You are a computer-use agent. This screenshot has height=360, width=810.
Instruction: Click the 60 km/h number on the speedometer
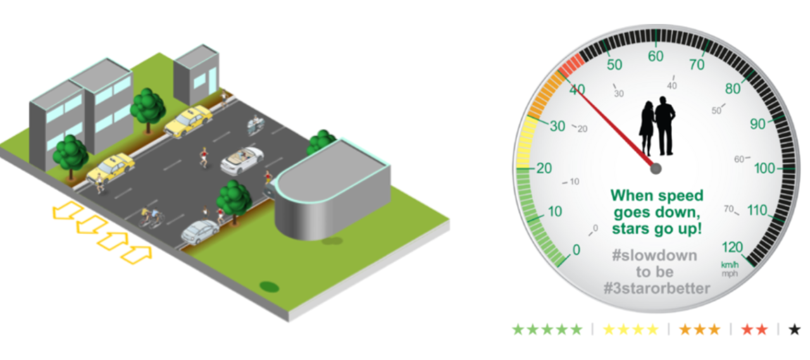[x=656, y=56]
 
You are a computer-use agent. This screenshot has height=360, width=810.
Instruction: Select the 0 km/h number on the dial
[x=576, y=251]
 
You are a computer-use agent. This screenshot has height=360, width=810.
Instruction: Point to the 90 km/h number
[x=757, y=124]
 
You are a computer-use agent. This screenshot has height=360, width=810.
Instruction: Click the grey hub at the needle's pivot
[x=656, y=168]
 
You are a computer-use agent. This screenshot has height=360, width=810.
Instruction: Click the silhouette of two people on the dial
[x=657, y=126]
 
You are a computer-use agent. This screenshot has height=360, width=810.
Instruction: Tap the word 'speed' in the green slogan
[x=682, y=196]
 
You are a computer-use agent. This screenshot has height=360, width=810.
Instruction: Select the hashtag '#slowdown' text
[x=654, y=256]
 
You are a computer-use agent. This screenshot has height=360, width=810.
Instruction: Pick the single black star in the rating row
[x=795, y=330]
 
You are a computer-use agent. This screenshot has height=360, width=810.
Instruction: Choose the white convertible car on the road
[x=242, y=160]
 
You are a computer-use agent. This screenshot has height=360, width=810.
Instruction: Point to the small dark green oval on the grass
[x=270, y=287]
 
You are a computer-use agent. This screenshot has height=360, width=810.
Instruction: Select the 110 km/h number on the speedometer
[x=756, y=211]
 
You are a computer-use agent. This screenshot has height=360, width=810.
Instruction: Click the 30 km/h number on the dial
[x=557, y=126]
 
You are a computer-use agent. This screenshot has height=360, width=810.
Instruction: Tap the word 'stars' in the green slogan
[x=633, y=228]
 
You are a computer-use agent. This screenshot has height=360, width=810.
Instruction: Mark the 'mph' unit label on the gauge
[x=729, y=273]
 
